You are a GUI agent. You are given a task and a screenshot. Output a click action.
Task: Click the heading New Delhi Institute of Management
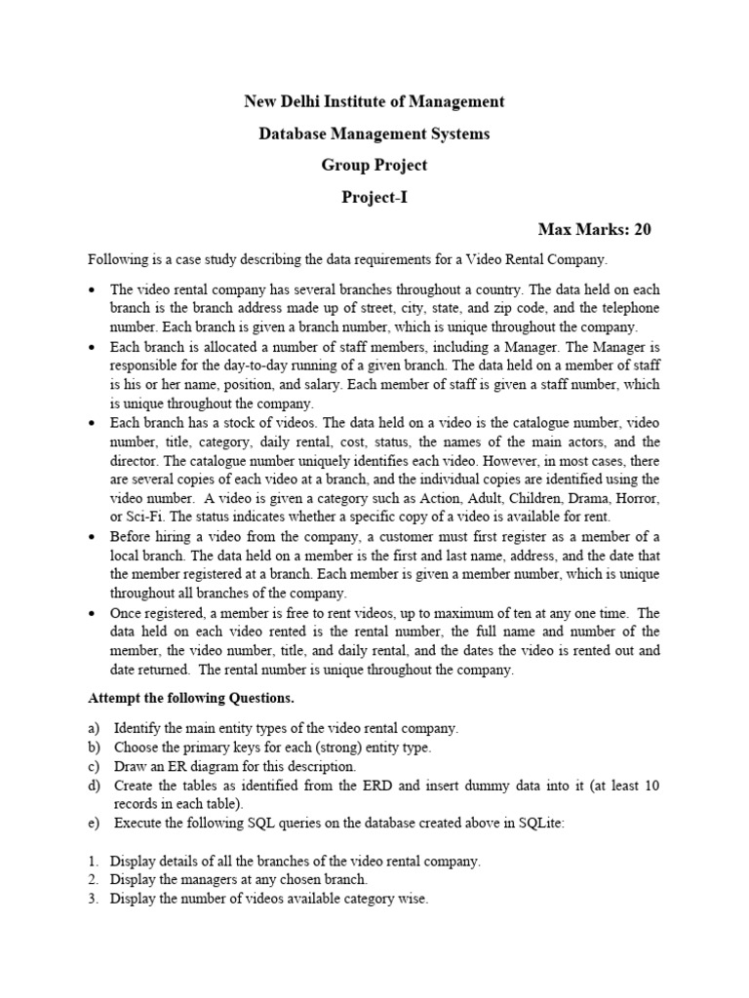(x=374, y=101)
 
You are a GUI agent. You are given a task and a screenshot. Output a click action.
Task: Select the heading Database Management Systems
(x=374, y=134)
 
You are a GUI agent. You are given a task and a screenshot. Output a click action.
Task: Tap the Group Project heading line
(x=374, y=166)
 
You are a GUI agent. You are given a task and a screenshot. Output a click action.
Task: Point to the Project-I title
(x=374, y=198)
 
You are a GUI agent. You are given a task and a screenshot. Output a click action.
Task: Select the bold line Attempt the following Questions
(x=191, y=699)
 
